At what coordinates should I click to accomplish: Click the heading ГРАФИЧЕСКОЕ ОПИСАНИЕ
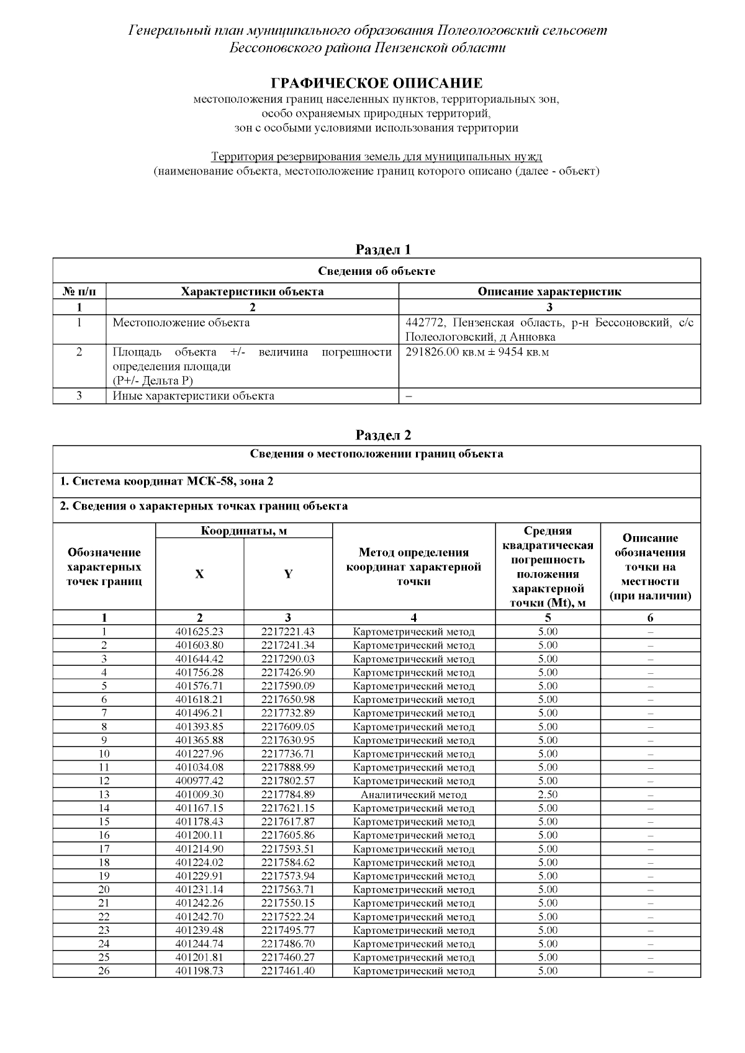click(x=376, y=83)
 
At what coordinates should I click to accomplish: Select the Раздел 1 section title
click(x=383, y=249)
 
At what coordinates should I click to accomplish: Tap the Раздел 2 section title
click(x=383, y=435)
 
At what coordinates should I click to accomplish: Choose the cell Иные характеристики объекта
click(x=193, y=396)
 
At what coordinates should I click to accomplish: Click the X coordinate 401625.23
click(x=199, y=632)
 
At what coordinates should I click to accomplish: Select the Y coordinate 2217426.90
click(x=288, y=673)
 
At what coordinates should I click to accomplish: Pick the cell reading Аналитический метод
click(x=413, y=795)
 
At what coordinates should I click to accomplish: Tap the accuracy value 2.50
click(x=548, y=795)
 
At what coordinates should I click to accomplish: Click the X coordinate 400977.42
click(x=199, y=781)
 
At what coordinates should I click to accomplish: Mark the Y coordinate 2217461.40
click(x=288, y=971)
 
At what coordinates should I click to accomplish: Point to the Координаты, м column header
click(x=243, y=531)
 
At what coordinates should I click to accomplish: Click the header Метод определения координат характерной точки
click(x=413, y=567)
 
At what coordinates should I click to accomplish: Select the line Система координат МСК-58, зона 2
click(x=166, y=482)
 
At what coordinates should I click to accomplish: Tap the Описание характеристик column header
click(x=549, y=292)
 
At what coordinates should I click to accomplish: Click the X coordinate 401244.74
click(x=199, y=944)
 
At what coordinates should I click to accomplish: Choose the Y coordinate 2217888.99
click(x=288, y=768)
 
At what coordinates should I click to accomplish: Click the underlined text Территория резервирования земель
click(x=376, y=156)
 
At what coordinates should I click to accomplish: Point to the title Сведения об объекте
click(x=376, y=271)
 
